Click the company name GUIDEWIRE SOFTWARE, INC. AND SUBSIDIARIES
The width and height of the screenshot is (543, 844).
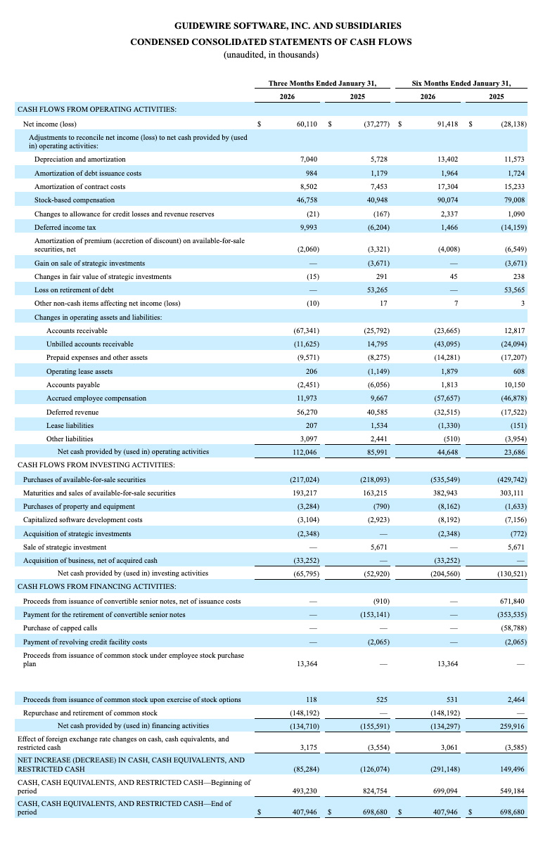(271, 27)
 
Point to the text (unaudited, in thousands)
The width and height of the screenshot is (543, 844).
(271, 54)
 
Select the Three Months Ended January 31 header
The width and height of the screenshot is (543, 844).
(322, 83)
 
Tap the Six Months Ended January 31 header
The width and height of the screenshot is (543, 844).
(461, 83)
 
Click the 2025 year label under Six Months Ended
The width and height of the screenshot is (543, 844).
(496, 96)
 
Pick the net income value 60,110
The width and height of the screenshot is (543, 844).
(305, 124)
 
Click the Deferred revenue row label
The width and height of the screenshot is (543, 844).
(72, 412)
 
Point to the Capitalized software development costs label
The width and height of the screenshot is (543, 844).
(82, 520)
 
